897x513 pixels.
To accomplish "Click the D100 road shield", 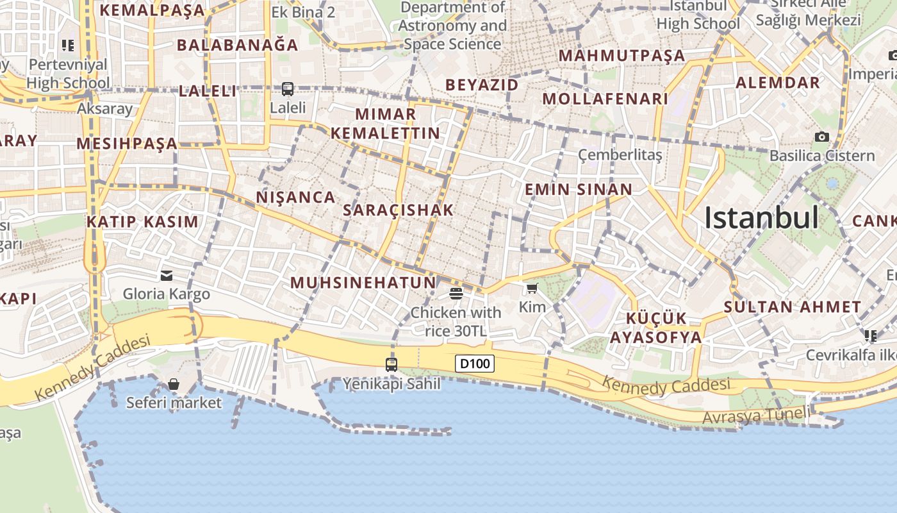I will tap(475, 364).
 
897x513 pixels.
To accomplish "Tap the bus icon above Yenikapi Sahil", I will tap(391, 364).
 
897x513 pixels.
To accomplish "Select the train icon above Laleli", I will tap(288, 88).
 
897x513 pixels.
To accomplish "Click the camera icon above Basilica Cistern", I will tap(822, 137).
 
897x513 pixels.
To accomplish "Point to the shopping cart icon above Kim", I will tap(532, 289).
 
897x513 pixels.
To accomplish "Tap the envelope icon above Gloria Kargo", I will tap(167, 276).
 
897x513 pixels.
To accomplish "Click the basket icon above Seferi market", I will tap(173, 384).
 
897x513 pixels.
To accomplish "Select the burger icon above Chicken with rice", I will tap(456, 294).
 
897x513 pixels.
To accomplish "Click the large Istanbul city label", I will tap(761, 218).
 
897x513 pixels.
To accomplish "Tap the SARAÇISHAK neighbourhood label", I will tap(398, 210).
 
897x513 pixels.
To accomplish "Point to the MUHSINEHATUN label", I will tap(363, 282).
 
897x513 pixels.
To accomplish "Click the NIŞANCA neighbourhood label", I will tap(295, 197).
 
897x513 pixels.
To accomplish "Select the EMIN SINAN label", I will tap(578, 189).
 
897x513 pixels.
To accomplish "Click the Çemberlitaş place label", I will tap(620, 155).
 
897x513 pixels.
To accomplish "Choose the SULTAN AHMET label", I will tap(792, 307).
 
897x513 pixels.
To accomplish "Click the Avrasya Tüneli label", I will tap(756, 416).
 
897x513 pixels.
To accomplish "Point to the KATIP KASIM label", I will tap(142, 222).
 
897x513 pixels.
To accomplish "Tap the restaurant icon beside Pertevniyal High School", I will tap(67, 46).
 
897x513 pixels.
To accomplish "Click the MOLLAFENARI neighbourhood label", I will tap(605, 99).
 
